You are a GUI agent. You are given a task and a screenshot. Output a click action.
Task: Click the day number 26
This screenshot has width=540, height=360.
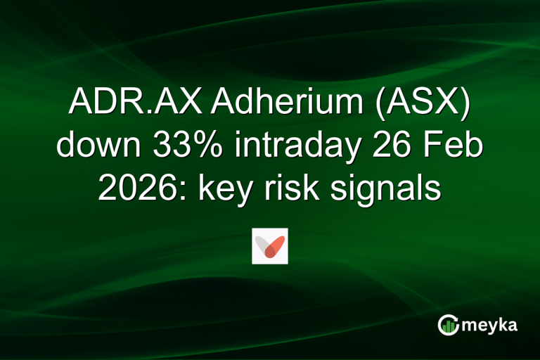click(x=398, y=146)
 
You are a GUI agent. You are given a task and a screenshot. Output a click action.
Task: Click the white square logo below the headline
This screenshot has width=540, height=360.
click(x=270, y=245)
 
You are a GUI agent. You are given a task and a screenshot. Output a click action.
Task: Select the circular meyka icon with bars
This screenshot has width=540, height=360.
click(x=449, y=326)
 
